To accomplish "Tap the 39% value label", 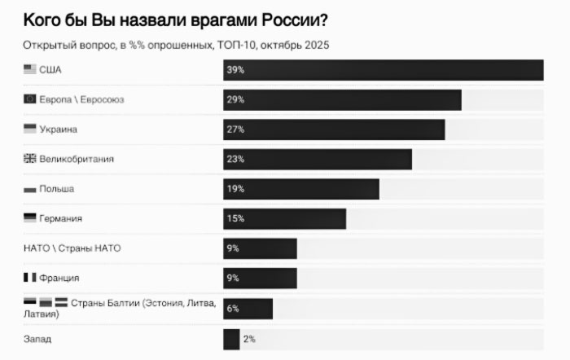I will point(235,70).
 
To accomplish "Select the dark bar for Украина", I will point(334,130).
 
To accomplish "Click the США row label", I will point(50,70).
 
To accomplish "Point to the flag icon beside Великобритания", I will point(30,159).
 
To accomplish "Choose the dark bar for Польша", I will point(301,189).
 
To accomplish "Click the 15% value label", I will point(235,218).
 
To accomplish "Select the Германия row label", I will point(61,218).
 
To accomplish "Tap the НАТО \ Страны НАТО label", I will point(72,248).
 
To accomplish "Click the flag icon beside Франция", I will point(30,278).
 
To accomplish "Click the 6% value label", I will point(233,308).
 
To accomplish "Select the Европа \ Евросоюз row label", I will point(81,99).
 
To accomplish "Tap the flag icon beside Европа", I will point(30,99).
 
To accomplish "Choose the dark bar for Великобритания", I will point(318,159).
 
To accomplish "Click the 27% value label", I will point(235,130).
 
